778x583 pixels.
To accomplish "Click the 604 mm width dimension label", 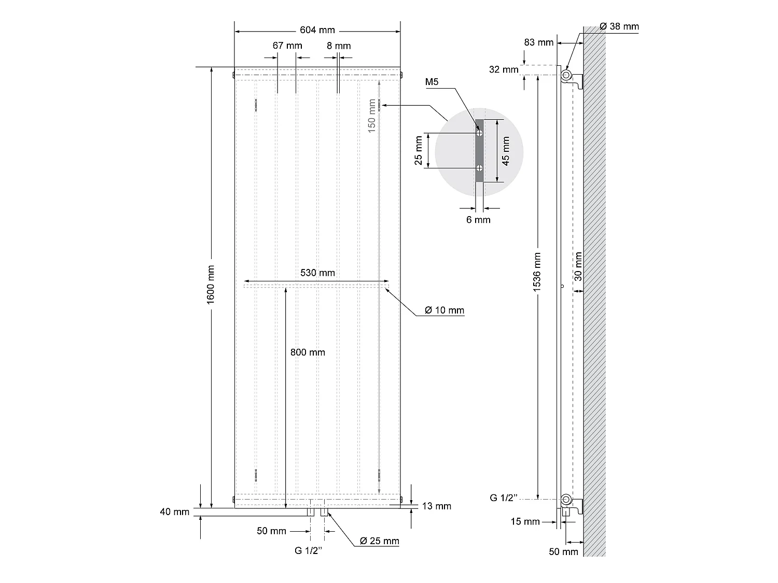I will coord(317,30).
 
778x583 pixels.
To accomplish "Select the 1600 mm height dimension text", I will coord(211,285).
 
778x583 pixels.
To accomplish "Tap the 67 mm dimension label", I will coord(287,46).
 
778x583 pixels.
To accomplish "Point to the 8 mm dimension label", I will coord(339,46).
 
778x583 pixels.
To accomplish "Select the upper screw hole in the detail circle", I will coord(480,133).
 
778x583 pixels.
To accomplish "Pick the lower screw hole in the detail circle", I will coord(480,168).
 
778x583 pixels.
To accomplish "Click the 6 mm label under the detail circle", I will coord(478,220).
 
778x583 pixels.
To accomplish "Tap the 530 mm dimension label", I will coord(317,273).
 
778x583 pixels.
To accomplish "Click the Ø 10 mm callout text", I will coord(444,310).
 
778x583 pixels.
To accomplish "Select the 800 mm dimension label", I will coord(308,352).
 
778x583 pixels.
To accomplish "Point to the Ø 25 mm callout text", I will coord(380,541).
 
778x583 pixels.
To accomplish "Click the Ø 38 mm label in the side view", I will coord(619,26).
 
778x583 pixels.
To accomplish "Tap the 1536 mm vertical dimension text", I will coord(537,272).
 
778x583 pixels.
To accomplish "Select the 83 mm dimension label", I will coord(539,42).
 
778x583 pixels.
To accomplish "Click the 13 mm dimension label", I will coord(437,506).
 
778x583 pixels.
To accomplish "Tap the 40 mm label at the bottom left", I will coord(175,512).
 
